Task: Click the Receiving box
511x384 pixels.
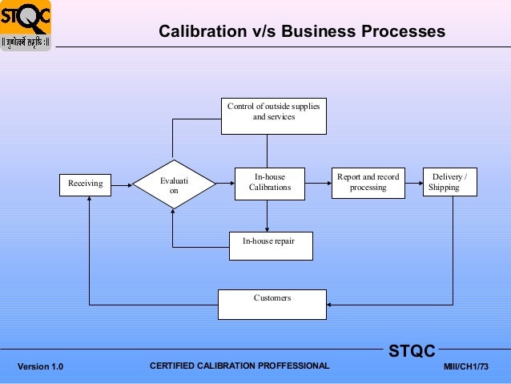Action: pos(86,184)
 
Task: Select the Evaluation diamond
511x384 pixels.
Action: pos(173,184)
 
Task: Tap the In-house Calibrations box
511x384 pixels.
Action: pos(267,183)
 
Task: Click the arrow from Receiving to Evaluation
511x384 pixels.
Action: pos(121,184)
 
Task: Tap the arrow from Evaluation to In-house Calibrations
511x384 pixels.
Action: pos(224,184)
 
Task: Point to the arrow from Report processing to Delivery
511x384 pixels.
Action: pos(412,184)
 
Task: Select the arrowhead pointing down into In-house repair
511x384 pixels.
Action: pos(267,228)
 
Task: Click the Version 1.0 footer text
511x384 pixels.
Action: pos(40,366)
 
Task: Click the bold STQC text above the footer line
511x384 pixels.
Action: pos(412,351)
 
